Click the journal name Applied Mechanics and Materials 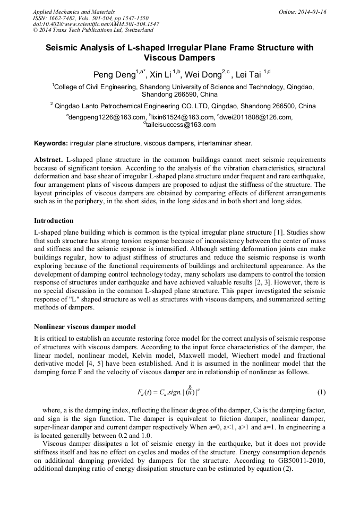pos(73,11)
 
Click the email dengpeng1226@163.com pos(107,117)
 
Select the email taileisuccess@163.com pos(181,125)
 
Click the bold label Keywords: pos(51,143)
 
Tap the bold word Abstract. pos(48,159)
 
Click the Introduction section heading pos(54,220)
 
